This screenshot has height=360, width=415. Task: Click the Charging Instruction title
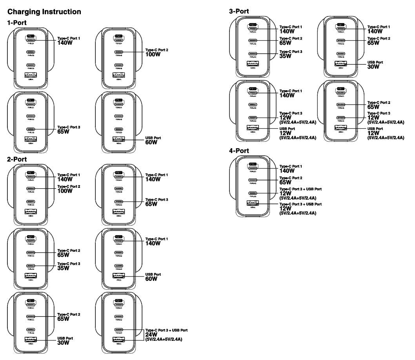click(x=44, y=12)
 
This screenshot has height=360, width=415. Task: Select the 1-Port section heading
click(x=17, y=23)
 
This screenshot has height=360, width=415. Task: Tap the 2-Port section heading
click(x=17, y=159)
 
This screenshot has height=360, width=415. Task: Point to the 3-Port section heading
click(x=239, y=12)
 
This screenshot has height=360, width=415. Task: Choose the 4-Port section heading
click(x=239, y=151)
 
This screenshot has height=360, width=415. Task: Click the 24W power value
click(x=151, y=335)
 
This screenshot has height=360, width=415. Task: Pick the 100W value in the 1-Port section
click(x=153, y=55)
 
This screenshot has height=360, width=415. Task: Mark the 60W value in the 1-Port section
click(x=151, y=142)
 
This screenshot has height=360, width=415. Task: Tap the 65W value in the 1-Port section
click(x=63, y=132)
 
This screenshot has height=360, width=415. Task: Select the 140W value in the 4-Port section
click(x=287, y=171)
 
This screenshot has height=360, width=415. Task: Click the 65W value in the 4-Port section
click(x=285, y=182)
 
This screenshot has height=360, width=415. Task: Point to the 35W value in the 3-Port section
click(x=285, y=56)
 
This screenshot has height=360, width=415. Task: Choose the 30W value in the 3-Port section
click(x=373, y=67)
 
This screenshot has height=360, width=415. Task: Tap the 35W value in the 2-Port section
click(x=63, y=268)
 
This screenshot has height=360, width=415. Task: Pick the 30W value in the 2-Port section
click(x=63, y=342)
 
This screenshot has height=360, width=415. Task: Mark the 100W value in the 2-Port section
click(x=65, y=191)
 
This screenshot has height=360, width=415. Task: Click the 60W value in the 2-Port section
click(x=151, y=279)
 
